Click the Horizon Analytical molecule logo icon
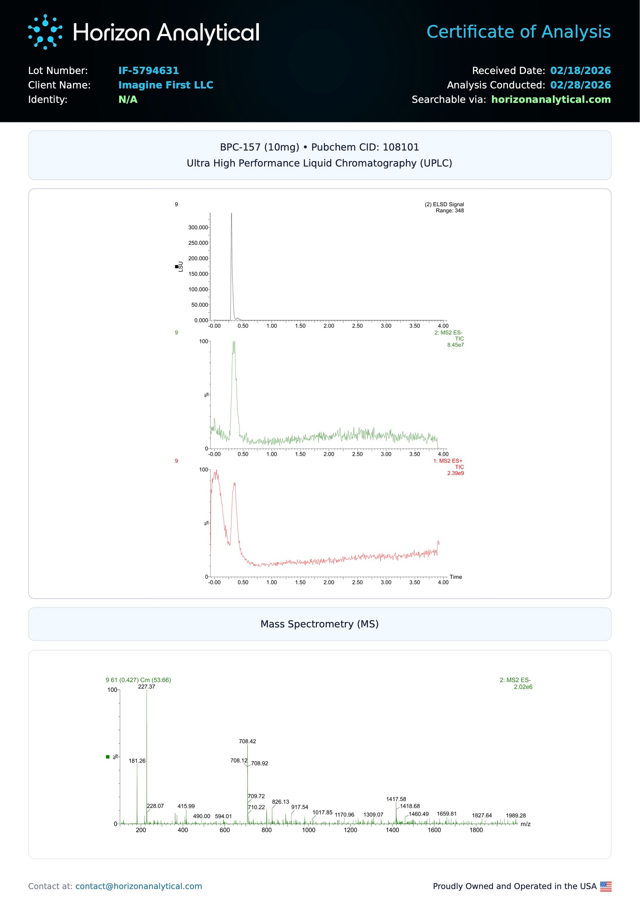pos(45,32)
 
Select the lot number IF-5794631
pos(148,71)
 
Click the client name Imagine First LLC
pos(166,85)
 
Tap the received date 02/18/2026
pos(580,71)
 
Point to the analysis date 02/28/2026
pos(580,85)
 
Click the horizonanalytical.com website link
pos(550,100)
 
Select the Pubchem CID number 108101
pos(401,147)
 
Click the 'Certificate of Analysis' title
pos(518,32)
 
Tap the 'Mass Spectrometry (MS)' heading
pos(319,624)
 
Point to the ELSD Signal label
pos(444,204)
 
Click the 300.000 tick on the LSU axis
pos(198,227)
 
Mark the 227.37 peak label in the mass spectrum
pos(146,686)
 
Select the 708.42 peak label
pos(247,741)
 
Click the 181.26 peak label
pos(137,761)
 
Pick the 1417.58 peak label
pos(396,799)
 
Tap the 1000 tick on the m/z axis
pos(308,830)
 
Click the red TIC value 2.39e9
pos(455,473)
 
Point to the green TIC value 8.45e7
pos(455,345)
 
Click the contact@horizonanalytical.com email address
pos(138,886)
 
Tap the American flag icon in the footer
pos(606,886)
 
